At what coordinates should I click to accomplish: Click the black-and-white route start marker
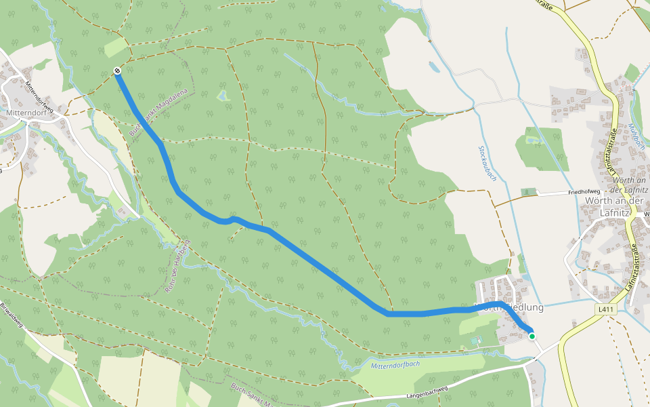[x=117, y=71]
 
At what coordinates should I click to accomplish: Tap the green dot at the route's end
[x=532, y=336]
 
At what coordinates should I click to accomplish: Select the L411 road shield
[x=605, y=310]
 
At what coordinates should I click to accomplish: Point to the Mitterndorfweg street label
[x=39, y=97]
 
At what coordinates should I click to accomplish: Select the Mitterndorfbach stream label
[x=396, y=365]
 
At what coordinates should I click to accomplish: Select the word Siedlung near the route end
[x=524, y=307]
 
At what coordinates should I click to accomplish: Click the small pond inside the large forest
[x=223, y=96]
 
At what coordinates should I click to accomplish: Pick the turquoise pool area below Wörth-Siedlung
[x=475, y=339]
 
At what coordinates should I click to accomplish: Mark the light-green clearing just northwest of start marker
[x=115, y=47]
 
